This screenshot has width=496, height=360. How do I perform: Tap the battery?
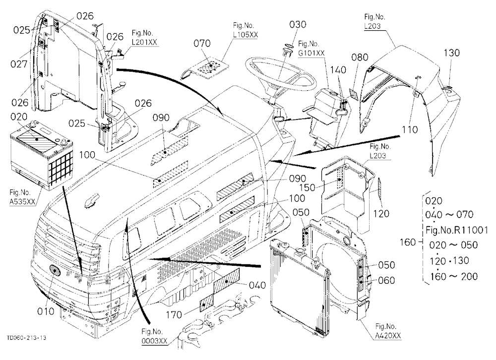point(42,156)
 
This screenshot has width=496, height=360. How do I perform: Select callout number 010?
point(46,311)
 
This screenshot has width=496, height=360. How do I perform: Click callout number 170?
point(174,314)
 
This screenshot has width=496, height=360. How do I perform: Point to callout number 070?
point(202,43)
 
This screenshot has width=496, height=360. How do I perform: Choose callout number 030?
point(298,24)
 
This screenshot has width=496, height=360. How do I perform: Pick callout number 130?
point(451,53)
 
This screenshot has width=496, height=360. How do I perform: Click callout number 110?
point(410,129)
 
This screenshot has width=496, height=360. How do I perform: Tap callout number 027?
point(19,64)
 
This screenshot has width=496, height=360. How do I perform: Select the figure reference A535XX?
point(22,202)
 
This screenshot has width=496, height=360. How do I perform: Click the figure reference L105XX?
point(246,35)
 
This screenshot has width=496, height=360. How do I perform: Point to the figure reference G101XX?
point(311,53)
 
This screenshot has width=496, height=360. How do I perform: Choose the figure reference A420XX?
point(388,336)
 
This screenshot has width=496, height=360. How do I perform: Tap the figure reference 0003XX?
point(154,341)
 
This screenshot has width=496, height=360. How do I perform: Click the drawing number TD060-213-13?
point(26,338)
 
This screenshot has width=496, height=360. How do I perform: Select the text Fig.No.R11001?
point(457,230)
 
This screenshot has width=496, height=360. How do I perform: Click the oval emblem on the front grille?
point(55,271)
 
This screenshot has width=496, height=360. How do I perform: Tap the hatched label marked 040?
point(226,281)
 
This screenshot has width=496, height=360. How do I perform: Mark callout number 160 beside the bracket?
point(407,242)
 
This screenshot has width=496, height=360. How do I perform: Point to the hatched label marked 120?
point(380,189)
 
